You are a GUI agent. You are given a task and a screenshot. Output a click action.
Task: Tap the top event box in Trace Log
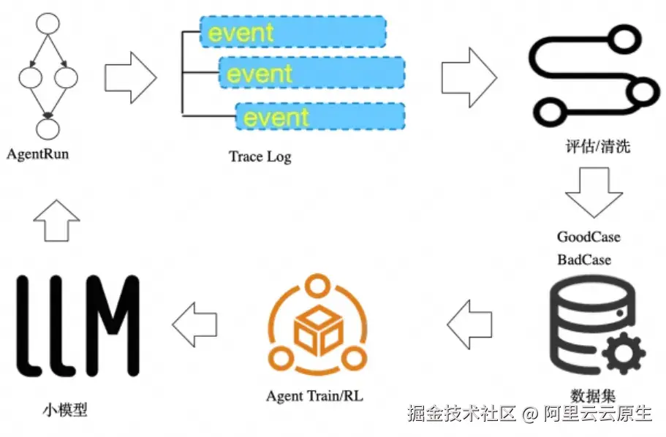click(x=293, y=32)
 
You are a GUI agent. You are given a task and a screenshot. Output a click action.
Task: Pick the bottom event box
click(x=320, y=117)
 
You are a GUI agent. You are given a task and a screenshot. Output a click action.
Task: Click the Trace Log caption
click(x=260, y=156)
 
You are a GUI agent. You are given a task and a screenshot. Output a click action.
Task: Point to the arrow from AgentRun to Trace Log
click(x=130, y=77)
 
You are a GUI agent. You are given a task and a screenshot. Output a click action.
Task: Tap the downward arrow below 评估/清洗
click(x=594, y=191)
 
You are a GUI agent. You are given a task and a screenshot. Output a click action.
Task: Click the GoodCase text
click(x=589, y=237)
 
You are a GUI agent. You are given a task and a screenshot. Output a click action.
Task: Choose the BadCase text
click(x=584, y=259)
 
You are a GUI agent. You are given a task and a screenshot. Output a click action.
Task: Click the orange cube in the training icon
click(x=317, y=329)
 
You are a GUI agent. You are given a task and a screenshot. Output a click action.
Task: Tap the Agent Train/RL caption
click(x=314, y=396)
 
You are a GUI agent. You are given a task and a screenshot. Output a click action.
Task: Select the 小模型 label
click(x=64, y=409)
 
